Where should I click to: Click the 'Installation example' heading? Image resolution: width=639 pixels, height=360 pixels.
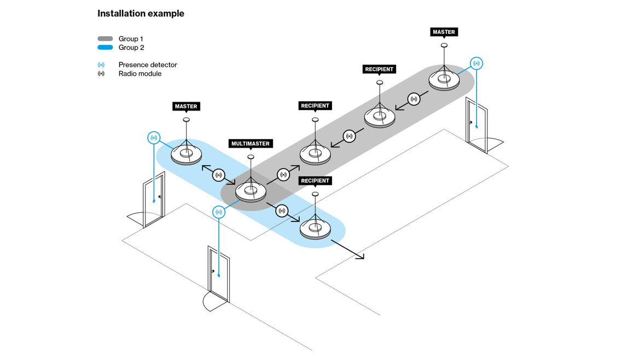click(141, 14)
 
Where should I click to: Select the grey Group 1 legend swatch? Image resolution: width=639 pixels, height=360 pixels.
click(105, 39)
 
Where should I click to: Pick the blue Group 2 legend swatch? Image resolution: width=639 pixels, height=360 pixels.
click(105, 48)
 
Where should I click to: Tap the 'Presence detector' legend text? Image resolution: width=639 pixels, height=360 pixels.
click(148, 65)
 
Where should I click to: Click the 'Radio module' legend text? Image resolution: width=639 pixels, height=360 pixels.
click(140, 73)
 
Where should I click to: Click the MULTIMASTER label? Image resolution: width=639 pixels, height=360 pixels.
click(250, 144)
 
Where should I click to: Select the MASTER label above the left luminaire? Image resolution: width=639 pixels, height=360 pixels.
click(185, 106)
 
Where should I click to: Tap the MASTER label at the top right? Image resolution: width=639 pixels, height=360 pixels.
click(444, 32)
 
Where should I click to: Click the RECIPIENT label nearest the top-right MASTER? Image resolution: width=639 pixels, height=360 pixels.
click(379, 69)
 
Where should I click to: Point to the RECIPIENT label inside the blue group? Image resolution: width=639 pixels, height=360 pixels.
click(315, 181)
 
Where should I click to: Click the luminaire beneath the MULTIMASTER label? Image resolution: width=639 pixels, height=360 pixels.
click(251, 191)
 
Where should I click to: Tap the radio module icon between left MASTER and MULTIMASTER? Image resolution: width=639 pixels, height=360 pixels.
click(218, 175)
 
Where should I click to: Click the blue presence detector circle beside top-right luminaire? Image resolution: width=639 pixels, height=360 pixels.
click(477, 63)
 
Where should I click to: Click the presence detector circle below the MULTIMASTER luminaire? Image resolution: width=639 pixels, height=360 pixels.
click(219, 212)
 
